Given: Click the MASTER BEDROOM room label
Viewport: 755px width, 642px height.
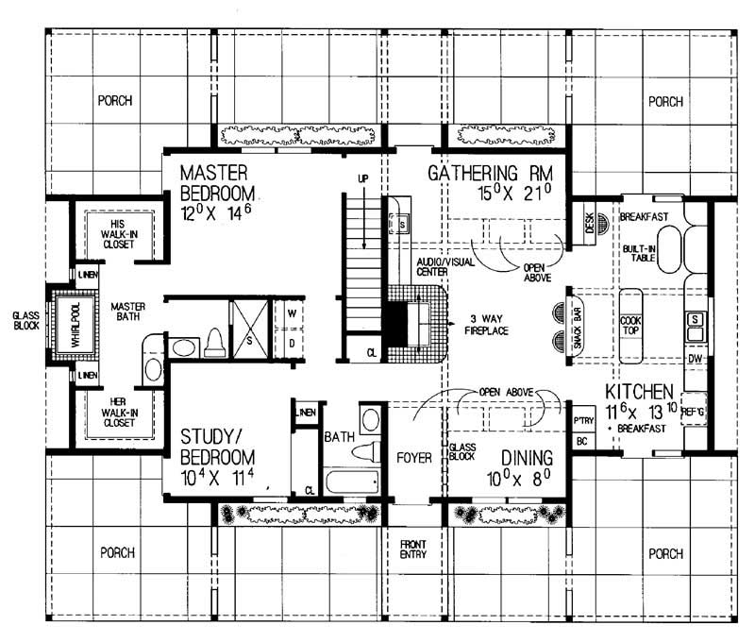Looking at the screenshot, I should (x=214, y=183).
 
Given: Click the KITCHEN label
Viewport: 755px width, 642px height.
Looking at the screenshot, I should (x=638, y=391).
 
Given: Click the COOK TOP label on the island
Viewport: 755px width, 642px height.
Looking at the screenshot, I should (x=630, y=326).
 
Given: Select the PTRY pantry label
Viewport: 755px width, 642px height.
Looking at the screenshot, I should (x=582, y=420).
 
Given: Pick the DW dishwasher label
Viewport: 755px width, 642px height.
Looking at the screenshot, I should (x=694, y=360).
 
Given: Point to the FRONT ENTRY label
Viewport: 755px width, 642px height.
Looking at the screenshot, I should (x=412, y=549).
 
